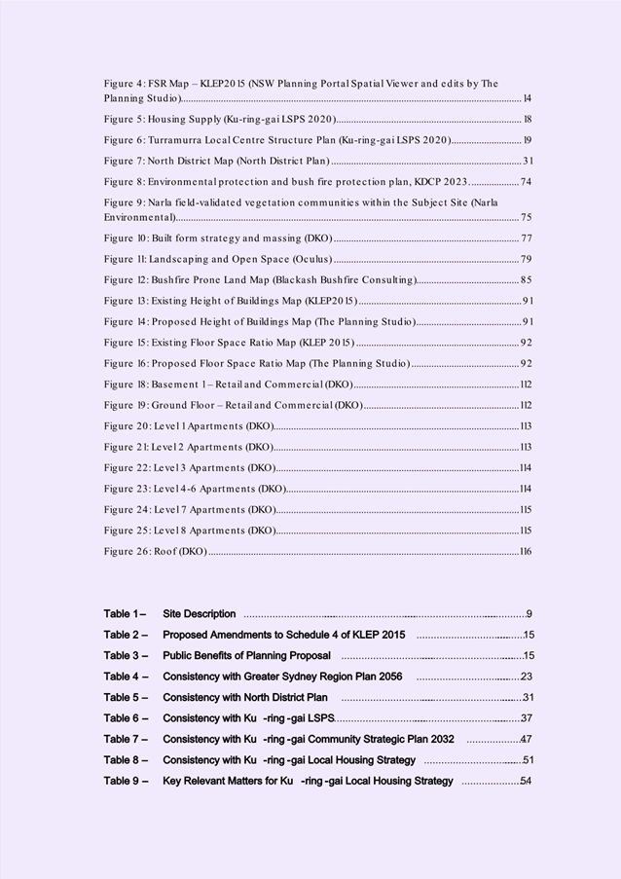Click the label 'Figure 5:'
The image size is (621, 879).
tap(124, 119)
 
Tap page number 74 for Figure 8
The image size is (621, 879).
tap(526, 182)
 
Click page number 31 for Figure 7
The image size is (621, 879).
tap(528, 161)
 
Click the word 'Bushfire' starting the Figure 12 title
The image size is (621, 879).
tap(169, 280)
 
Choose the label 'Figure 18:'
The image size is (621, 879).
tap(127, 385)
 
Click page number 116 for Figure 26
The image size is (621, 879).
tap(526, 552)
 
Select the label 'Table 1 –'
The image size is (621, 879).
tap(125, 614)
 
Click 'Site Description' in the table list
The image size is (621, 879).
tap(200, 614)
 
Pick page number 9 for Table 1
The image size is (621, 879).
tap(529, 614)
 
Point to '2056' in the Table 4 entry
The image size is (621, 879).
tap(389, 677)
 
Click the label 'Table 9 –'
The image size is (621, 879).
tap(126, 781)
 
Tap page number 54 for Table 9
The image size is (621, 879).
tap(526, 781)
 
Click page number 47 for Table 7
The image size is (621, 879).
tap(526, 740)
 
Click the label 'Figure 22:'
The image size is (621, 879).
tap(127, 468)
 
